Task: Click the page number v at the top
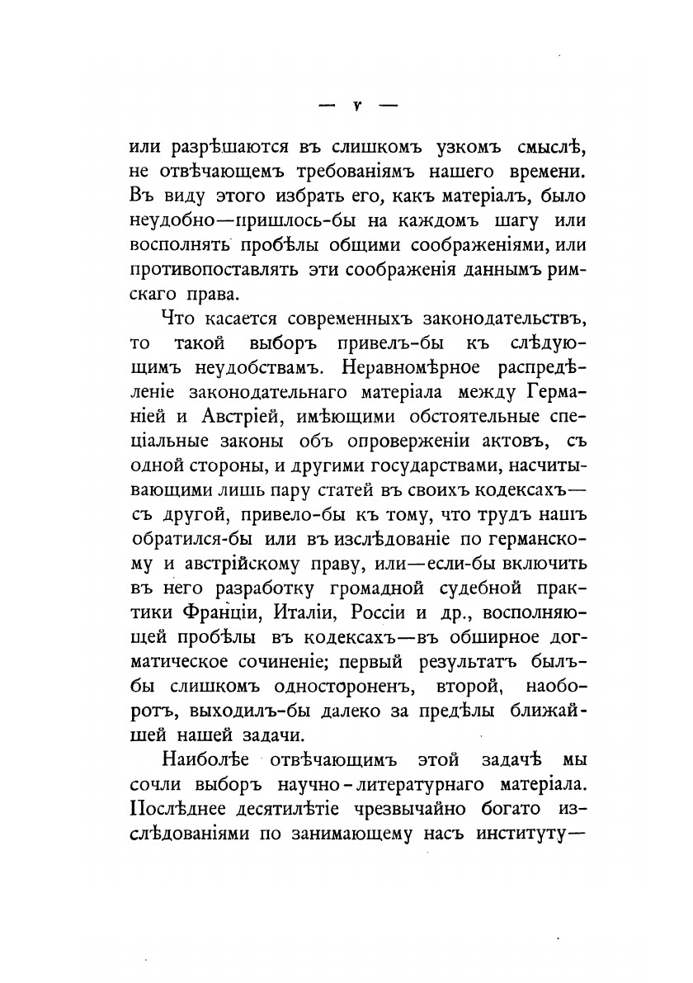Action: click(346, 106)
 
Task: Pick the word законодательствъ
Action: click(477, 318)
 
